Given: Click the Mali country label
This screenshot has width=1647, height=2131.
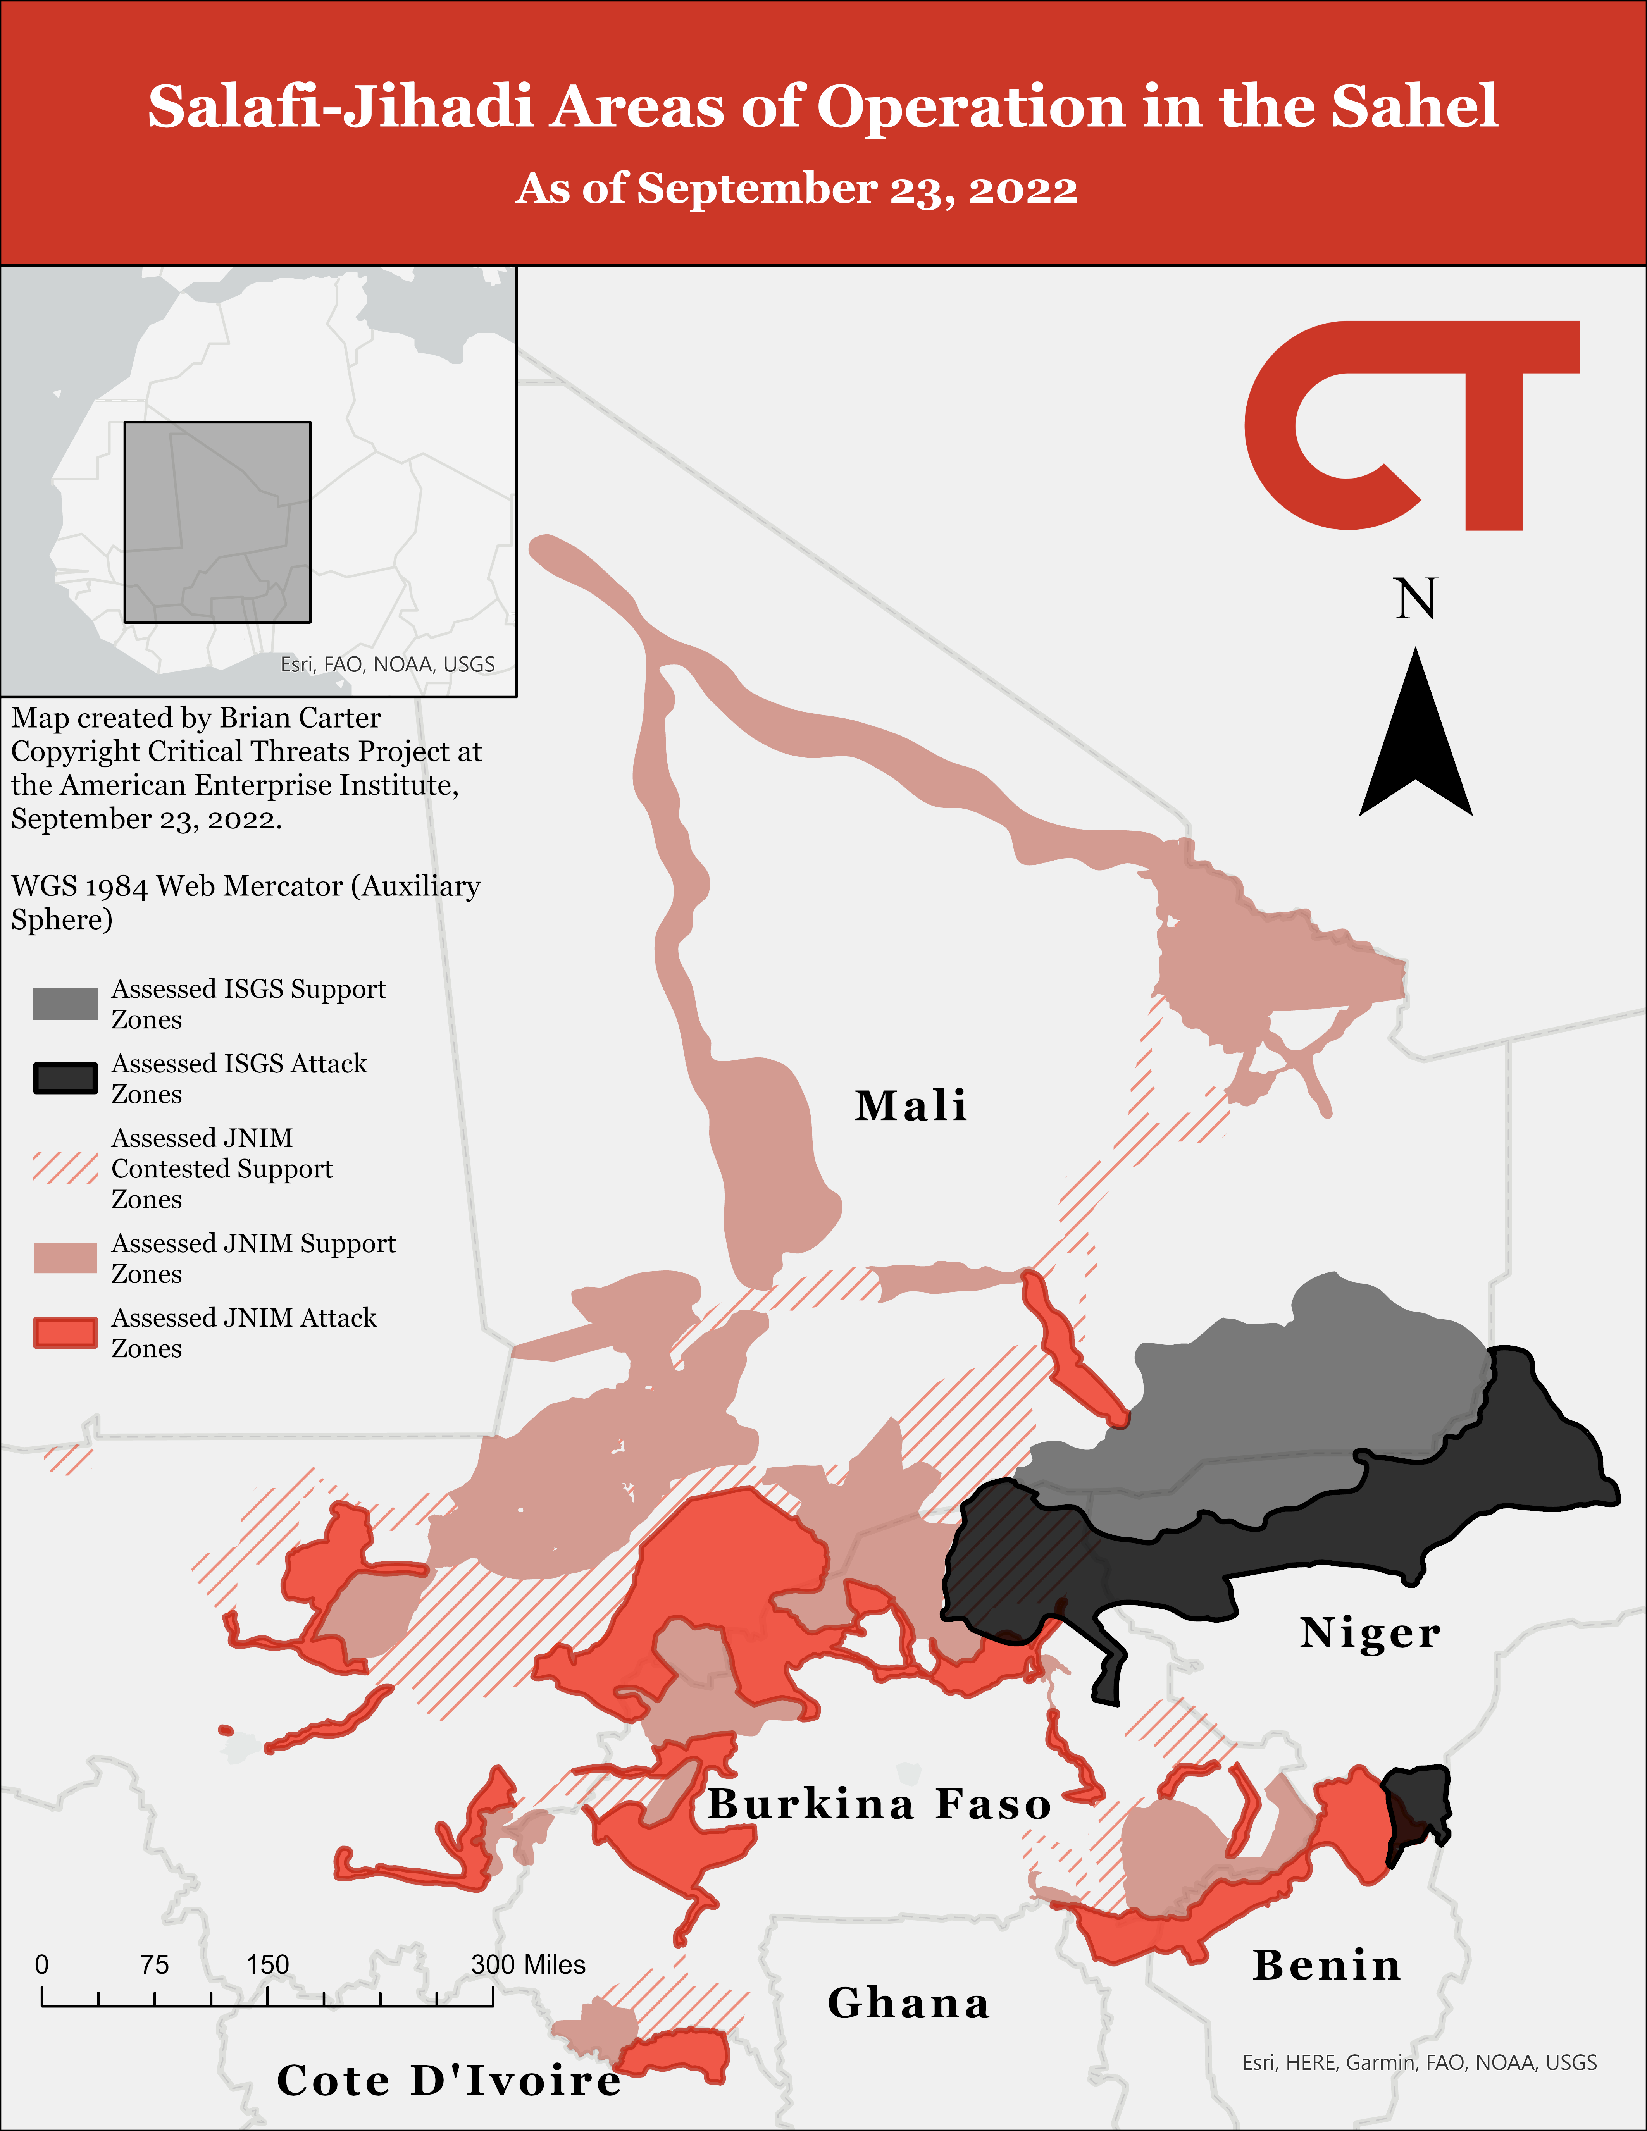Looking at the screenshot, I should [910, 1105].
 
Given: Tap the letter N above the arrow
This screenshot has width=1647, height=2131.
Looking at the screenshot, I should [1415, 599].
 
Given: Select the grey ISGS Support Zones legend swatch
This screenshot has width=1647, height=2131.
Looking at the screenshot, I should [65, 1003].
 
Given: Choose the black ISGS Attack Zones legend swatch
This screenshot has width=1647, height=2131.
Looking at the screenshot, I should [65, 1078].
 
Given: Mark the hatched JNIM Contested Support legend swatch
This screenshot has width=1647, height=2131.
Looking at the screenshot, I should [65, 1168].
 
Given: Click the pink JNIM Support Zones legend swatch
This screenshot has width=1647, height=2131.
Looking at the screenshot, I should [65, 1258].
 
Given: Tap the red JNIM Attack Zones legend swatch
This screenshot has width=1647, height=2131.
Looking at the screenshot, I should [65, 1333].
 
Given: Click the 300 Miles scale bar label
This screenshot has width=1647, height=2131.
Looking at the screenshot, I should [528, 1964].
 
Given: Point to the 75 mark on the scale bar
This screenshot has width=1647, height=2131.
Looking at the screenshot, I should [154, 1964].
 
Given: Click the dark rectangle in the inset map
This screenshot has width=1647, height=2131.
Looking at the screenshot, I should [217, 522].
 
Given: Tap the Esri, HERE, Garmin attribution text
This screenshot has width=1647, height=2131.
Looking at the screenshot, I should [1419, 2062].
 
